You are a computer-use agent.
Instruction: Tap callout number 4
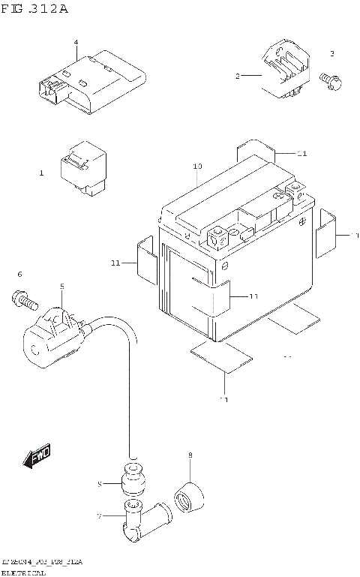(76, 42)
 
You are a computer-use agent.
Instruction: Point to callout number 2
(237, 77)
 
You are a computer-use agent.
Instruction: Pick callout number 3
(331, 54)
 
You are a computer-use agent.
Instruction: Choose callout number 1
(42, 173)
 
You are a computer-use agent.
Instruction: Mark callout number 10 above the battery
(197, 166)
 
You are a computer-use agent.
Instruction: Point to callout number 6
(20, 274)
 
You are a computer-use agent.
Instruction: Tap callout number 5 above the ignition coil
(62, 286)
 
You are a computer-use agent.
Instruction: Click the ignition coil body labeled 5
(54, 335)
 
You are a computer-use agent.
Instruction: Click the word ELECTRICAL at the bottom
(24, 572)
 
